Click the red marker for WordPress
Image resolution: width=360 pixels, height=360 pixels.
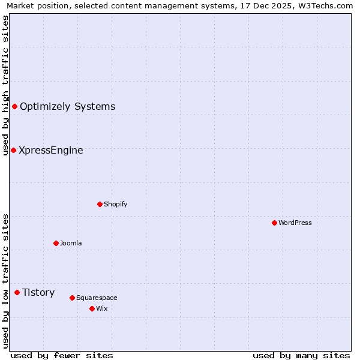pyautogui.click(x=274, y=223)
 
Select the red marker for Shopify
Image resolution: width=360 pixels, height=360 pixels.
pyautogui.click(x=100, y=204)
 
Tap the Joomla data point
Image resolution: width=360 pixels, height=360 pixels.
pyautogui.click(x=56, y=243)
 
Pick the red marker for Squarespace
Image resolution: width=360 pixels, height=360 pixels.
pyautogui.click(x=72, y=298)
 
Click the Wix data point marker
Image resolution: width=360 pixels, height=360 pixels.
pyautogui.click(x=92, y=308)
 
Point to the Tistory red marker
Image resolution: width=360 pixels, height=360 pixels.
pyautogui.click(x=17, y=292)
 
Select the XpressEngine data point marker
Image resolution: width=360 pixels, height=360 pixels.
pyautogui.click(x=13, y=150)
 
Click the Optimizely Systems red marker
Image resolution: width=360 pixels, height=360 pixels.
pyautogui.click(x=14, y=106)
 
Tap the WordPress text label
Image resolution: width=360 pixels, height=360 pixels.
pyautogui.click(x=295, y=223)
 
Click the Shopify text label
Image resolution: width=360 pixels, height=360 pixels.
pyautogui.click(x=116, y=204)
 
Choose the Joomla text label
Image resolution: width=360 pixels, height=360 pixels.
pyautogui.click(x=71, y=243)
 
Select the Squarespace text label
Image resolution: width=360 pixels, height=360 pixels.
pyautogui.click(x=97, y=298)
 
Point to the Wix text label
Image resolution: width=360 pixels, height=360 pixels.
pyautogui.click(x=102, y=308)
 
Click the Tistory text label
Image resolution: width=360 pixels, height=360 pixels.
pyautogui.click(x=38, y=292)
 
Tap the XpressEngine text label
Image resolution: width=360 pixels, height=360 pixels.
pyautogui.click(x=51, y=150)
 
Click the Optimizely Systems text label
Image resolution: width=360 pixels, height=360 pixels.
pyautogui.click(x=67, y=106)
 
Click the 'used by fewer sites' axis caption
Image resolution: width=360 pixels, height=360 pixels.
pyautogui.click(x=62, y=355)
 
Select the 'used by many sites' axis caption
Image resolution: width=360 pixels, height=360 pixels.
pyautogui.click(x=301, y=355)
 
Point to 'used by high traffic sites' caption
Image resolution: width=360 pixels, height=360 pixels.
pyautogui.click(x=5, y=85)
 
